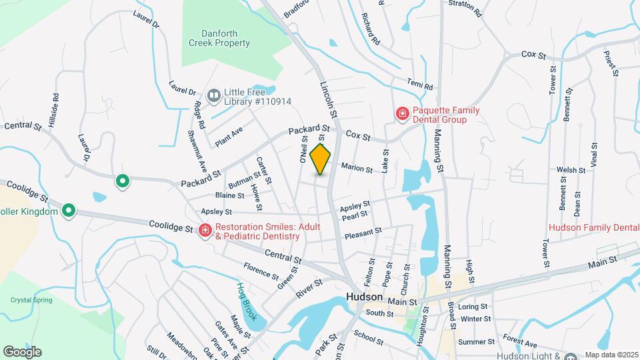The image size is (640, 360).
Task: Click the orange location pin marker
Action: point(321,159)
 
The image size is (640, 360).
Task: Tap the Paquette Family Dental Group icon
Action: point(402,114)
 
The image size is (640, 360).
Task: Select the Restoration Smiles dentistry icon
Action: point(205,231)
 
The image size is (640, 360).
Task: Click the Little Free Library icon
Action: point(214,96)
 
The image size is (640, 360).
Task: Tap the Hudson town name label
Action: point(365,297)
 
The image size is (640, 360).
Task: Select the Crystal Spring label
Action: point(31,300)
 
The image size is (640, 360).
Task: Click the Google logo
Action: point(22,351)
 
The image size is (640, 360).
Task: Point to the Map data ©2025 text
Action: point(611,355)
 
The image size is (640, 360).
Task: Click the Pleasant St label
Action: point(363,233)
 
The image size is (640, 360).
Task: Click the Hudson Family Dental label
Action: point(593,227)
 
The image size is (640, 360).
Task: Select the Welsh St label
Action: point(571,170)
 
